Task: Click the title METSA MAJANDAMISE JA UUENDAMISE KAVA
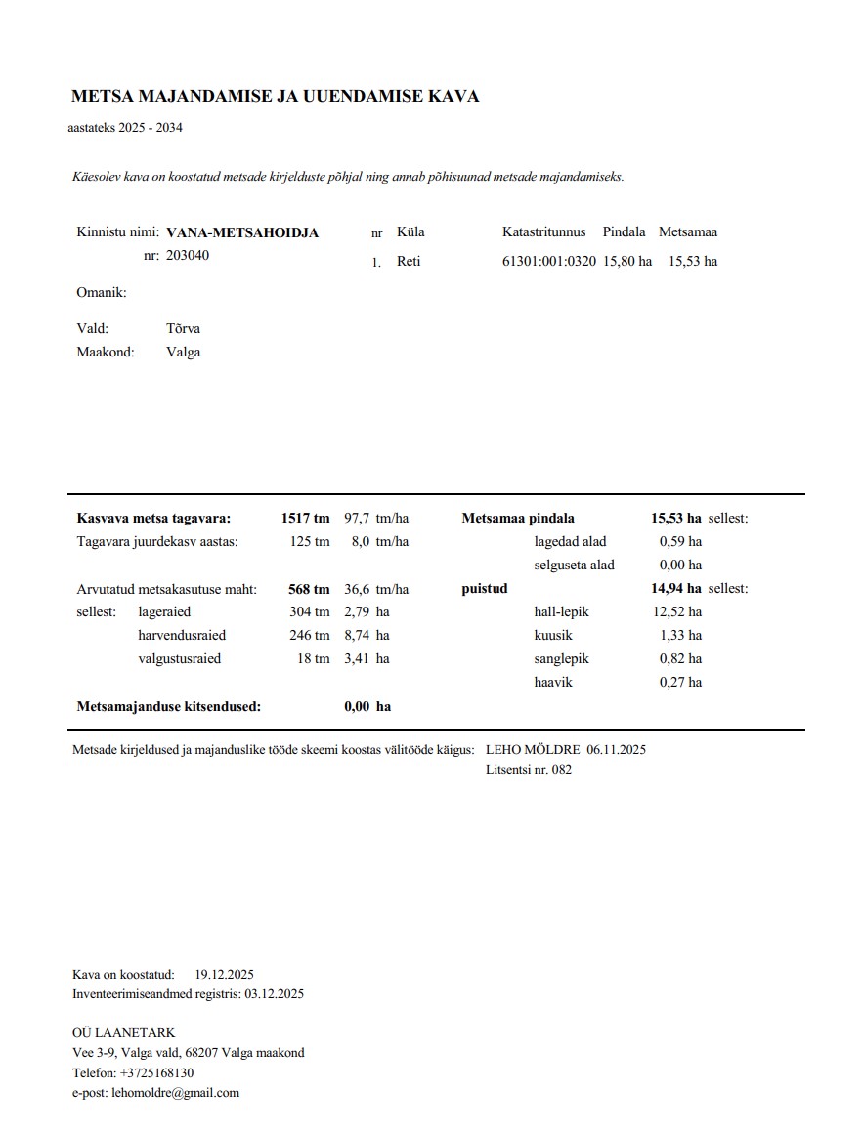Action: pos(275,97)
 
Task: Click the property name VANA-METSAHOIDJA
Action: pos(242,233)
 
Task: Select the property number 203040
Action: pos(188,256)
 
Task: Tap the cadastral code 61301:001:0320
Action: pos(548,262)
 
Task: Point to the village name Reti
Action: pos(409,262)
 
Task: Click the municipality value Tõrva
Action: pos(183,329)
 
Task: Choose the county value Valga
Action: pos(183,353)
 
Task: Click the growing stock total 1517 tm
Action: pos(305,519)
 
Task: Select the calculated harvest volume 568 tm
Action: pos(309,589)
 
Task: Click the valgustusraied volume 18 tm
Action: pos(314,659)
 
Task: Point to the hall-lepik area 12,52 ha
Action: pos(680,612)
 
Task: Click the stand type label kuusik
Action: pos(553,636)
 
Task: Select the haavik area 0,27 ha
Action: pos(680,683)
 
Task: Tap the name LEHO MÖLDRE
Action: pos(533,750)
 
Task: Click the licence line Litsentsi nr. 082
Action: pos(529,770)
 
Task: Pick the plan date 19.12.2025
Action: pos(225,975)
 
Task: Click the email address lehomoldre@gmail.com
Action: pos(176,1094)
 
